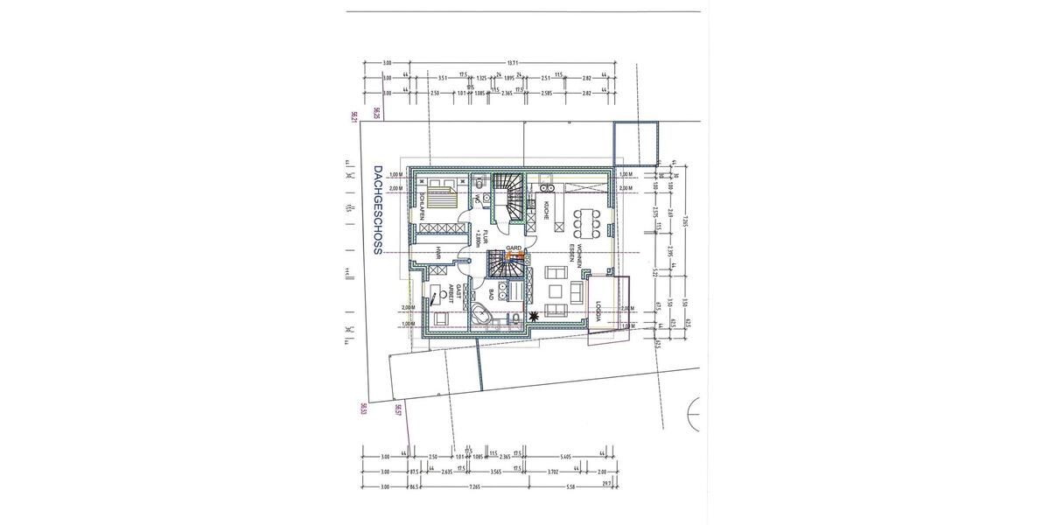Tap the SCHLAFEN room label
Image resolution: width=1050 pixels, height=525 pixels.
(423, 206)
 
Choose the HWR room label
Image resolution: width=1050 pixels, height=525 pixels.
(437, 254)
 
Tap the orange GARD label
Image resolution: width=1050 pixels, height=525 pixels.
(514, 248)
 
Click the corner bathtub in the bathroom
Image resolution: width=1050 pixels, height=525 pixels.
(482, 314)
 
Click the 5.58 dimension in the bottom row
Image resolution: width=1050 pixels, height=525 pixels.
(570, 486)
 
